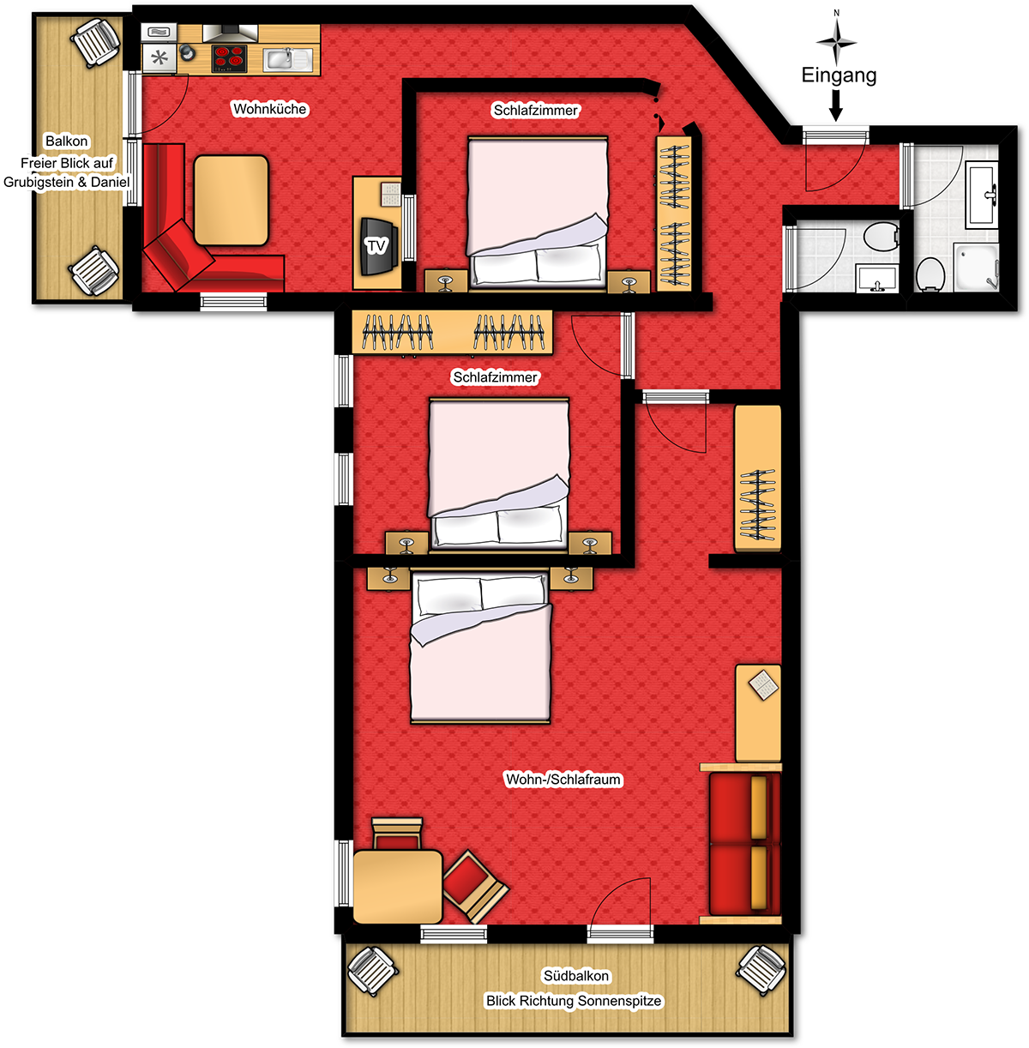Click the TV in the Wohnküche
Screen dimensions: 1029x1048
378,246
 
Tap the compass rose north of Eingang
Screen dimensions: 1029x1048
836,41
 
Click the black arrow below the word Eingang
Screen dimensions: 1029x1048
836,105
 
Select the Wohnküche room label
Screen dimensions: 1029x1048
270,109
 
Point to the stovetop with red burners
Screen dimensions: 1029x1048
229,57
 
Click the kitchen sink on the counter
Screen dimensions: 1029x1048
288,59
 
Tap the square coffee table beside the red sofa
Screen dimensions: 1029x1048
232,200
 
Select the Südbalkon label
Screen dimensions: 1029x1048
576,976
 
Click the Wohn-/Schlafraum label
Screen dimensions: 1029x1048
563,780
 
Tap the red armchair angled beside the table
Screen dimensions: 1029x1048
474,887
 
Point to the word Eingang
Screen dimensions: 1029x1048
839,75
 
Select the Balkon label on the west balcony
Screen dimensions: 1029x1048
66,141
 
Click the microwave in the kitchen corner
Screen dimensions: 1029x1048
159,33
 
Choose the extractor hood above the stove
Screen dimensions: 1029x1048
230,33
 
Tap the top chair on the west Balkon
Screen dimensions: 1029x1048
96,42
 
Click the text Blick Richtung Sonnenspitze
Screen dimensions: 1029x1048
574,1001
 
